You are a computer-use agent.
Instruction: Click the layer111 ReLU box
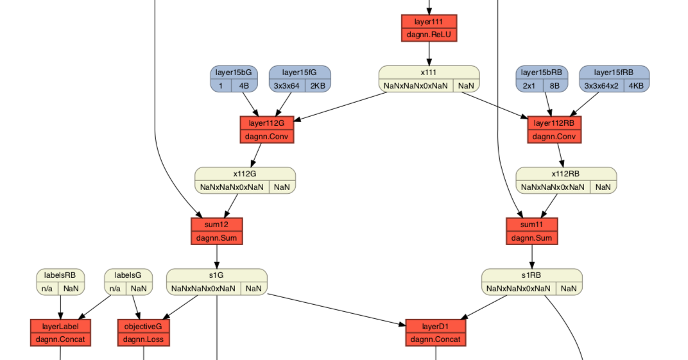point(429,28)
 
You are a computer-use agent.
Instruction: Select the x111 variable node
point(429,79)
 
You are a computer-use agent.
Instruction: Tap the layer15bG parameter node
point(234,79)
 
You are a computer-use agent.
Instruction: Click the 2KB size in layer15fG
point(318,85)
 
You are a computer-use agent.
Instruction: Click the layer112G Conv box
point(267,130)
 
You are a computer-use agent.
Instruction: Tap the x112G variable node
point(245,180)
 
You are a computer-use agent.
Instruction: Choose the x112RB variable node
point(565,180)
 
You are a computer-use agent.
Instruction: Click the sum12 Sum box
point(216,231)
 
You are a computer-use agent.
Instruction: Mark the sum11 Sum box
point(531,231)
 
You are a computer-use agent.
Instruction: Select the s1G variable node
point(216,282)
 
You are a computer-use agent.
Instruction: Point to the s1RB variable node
point(531,282)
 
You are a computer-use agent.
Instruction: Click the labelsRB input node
point(60,282)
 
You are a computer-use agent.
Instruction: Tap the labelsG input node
point(128,282)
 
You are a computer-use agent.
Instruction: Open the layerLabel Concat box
point(60,332)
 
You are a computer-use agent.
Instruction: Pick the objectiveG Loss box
point(143,332)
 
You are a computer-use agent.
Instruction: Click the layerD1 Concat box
point(435,332)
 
